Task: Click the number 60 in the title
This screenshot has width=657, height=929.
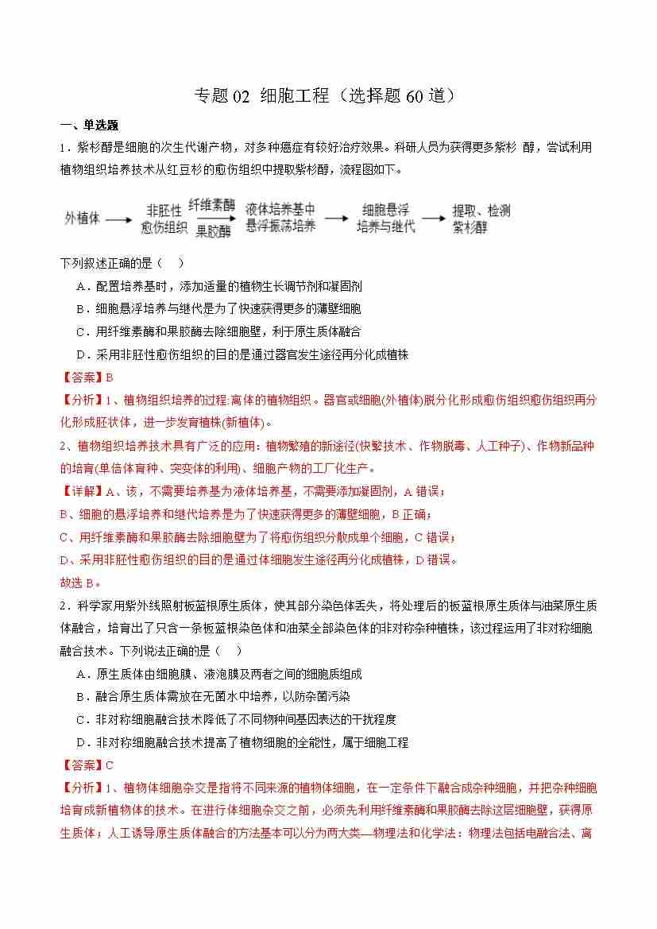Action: tap(415, 96)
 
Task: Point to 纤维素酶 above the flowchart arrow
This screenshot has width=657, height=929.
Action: tap(212, 204)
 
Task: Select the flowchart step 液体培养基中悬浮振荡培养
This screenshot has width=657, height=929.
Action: tap(280, 218)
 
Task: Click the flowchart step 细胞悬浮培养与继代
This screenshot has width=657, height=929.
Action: tap(385, 218)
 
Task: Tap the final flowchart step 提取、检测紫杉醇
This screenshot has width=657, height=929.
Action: tap(481, 219)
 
